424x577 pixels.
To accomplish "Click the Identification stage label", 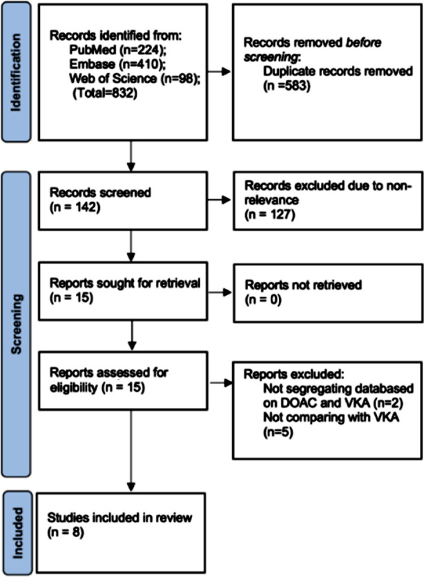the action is [16, 72].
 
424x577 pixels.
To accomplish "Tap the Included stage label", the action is [18, 533].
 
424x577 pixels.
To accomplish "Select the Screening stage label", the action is [17, 324].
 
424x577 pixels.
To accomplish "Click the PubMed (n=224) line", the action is [118, 50].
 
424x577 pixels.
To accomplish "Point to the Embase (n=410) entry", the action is [117, 64].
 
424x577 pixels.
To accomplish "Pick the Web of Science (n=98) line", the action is [135, 79].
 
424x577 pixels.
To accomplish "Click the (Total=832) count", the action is [105, 93].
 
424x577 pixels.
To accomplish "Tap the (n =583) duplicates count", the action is [287, 85].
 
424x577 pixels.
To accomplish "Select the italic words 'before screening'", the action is [313, 50].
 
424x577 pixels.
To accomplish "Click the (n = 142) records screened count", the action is [75, 207].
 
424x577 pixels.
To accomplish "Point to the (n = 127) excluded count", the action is [270, 214].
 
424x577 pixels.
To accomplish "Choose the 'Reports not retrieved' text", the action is [303, 285].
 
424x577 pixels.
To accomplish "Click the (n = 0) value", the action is [263, 300].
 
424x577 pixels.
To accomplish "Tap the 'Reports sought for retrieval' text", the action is [125, 283].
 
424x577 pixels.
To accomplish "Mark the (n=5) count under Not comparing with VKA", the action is [278, 432].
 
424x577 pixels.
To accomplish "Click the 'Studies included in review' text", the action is [119, 518].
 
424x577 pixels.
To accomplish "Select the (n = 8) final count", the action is [66, 532].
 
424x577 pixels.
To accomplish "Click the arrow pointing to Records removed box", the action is [220, 72].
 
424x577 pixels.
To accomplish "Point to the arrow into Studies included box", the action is [131, 451].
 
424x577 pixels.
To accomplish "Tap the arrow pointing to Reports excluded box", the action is [221, 383].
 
